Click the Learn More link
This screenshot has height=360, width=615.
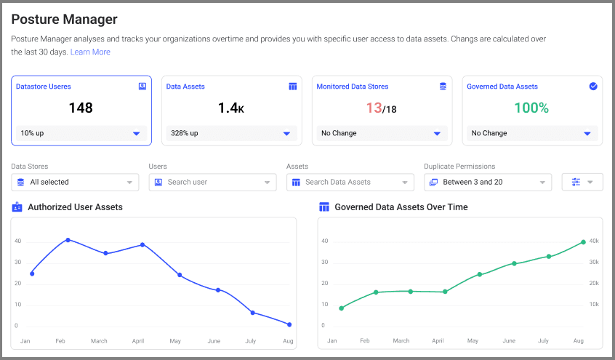[x=90, y=52]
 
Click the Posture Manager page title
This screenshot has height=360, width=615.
[x=64, y=20]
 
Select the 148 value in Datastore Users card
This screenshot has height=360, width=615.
[x=81, y=108]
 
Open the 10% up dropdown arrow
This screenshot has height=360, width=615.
[x=136, y=134]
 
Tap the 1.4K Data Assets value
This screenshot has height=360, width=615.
[x=230, y=108]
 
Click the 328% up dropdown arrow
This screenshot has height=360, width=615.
[x=286, y=134]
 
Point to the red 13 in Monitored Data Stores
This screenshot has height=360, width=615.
[x=374, y=108]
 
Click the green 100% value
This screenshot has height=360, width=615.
[x=531, y=108]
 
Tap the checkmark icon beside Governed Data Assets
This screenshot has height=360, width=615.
[x=593, y=86]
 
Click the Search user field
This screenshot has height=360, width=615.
[x=212, y=182]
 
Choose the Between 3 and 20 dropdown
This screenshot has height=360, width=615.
[x=487, y=182]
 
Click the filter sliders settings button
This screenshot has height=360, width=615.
[x=582, y=182]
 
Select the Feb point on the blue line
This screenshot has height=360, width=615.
[x=68, y=240]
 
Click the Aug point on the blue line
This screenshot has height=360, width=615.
[x=289, y=324]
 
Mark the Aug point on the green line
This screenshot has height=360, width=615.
[x=583, y=242]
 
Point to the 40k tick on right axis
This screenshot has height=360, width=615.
[x=593, y=241]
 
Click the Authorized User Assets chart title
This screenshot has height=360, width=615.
[x=75, y=207]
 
